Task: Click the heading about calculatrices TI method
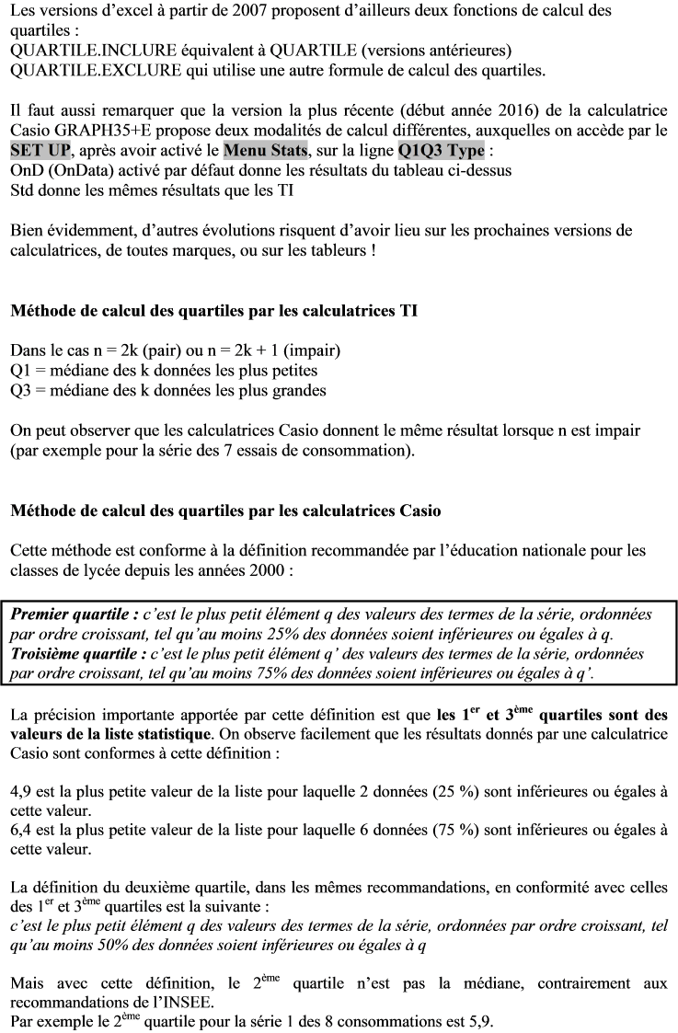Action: pyautogui.click(x=213, y=311)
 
